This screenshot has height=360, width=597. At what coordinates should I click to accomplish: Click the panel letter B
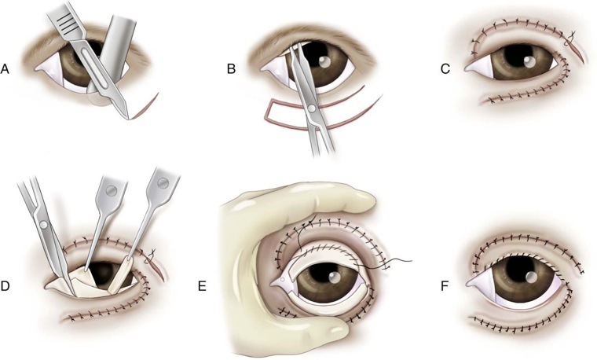(231, 69)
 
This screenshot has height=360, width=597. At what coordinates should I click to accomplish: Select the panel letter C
(445, 69)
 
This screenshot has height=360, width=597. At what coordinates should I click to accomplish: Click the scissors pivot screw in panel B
(313, 108)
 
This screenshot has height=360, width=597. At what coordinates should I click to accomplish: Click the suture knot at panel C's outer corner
(573, 35)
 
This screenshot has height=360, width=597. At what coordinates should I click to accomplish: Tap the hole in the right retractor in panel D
(162, 182)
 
